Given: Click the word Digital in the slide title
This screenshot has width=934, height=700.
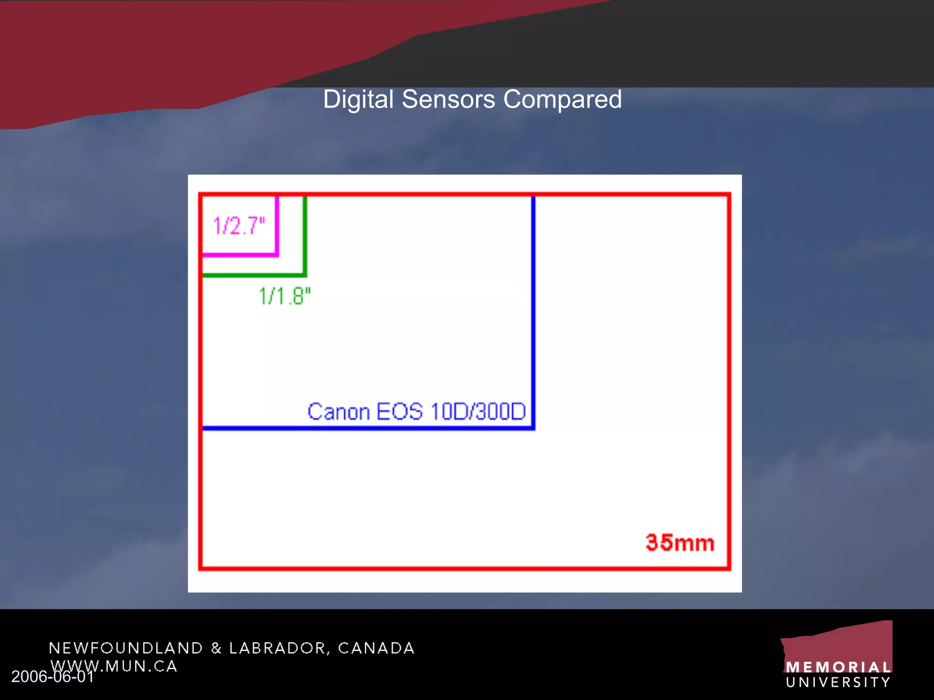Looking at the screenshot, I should click(358, 99).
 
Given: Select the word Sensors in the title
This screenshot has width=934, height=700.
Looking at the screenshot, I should click(448, 99).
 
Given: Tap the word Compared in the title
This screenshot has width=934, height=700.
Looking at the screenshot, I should click(562, 99).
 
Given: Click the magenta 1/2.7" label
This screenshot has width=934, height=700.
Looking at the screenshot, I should click(239, 226).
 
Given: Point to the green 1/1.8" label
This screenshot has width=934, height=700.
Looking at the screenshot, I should click(285, 296).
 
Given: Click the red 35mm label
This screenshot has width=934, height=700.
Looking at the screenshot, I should click(680, 543).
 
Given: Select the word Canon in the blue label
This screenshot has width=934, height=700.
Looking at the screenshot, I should click(338, 412).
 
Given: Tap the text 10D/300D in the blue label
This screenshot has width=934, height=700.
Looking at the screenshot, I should click(478, 412).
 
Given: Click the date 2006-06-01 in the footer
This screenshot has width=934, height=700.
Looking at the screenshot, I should click(52, 677).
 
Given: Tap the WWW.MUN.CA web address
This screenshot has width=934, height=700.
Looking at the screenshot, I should click(114, 666).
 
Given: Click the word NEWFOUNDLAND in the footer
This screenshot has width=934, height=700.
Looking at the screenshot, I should click(126, 648).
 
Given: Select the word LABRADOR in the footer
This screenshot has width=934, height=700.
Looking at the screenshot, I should click(278, 648).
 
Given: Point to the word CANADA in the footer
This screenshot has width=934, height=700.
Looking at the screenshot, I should click(376, 648).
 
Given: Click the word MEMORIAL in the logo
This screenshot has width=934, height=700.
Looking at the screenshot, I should click(838, 668).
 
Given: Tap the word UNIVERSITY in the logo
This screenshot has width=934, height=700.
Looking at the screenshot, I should click(838, 682).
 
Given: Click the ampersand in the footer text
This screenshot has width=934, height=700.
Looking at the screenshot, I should click(216, 648).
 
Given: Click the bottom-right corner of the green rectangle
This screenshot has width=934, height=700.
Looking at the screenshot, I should click(305, 275).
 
